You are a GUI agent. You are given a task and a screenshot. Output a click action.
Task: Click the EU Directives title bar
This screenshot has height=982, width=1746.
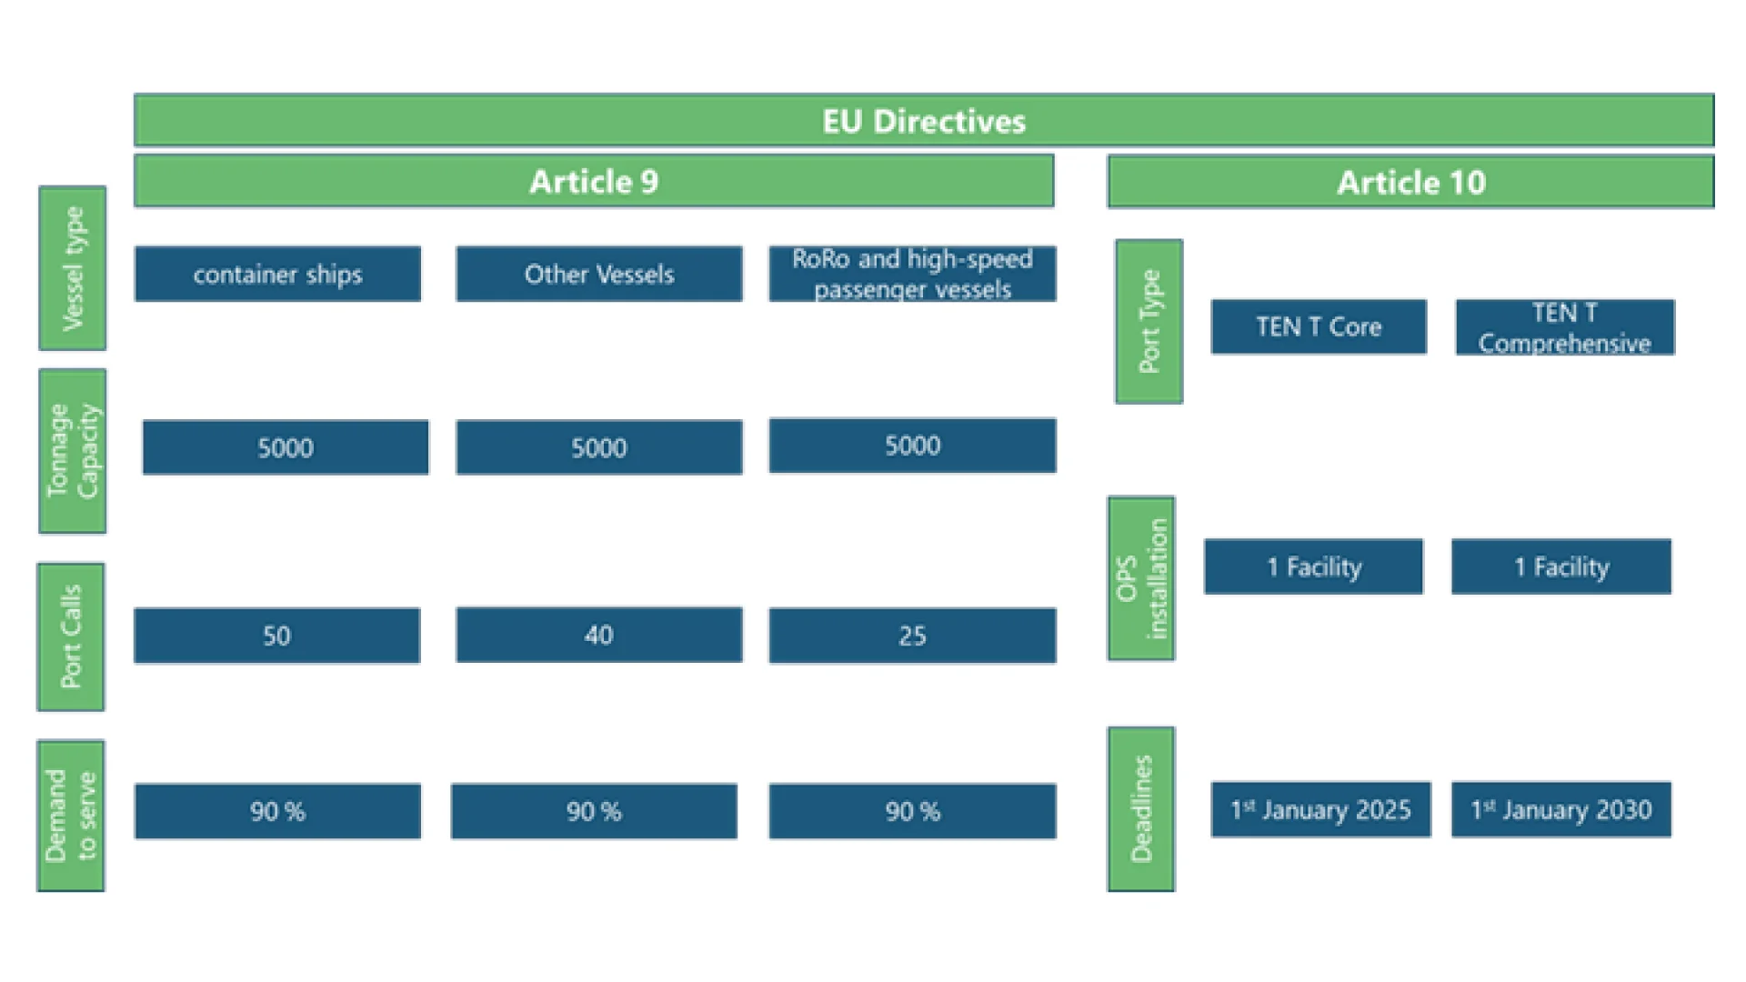924,121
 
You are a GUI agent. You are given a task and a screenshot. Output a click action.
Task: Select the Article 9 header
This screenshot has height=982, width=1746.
594,182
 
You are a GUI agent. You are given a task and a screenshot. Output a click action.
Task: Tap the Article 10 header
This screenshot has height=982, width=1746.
1410,183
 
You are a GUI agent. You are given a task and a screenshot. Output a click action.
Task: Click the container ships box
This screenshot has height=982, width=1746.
277,274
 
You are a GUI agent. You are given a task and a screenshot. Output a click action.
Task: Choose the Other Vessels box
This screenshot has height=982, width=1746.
599,274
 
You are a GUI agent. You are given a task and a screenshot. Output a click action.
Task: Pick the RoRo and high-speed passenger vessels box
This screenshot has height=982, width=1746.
912,274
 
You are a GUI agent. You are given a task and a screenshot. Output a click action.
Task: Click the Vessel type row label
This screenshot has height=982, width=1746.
73,268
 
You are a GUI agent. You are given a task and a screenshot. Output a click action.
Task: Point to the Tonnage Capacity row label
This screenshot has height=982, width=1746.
73,451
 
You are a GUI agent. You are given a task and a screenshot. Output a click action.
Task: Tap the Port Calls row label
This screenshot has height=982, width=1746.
71,636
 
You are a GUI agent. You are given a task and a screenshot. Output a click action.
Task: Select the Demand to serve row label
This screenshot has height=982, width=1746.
71,816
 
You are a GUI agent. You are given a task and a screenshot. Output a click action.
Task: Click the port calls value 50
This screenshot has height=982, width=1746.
277,636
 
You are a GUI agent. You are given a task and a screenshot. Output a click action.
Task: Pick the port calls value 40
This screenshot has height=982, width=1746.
599,635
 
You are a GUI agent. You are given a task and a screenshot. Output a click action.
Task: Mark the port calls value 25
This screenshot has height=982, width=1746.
912,636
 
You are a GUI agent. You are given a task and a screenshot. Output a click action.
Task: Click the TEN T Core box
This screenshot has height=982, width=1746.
1319,326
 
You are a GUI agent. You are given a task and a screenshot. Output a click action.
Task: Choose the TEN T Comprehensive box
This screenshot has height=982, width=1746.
1565,327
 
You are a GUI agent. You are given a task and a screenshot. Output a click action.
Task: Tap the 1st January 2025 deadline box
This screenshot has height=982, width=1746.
1320,809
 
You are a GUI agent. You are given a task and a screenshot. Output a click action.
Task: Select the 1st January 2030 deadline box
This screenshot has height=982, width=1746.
1561,809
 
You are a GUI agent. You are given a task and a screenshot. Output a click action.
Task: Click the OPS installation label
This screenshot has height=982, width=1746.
1141,578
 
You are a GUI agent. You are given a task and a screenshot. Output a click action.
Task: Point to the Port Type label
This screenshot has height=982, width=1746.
1149,322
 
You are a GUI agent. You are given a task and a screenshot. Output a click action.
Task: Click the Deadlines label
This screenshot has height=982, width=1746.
1141,809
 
